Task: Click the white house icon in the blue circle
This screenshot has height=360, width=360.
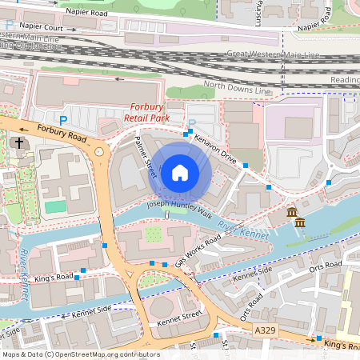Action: click(x=180, y=172)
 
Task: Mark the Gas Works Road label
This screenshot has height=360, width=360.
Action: click(x=198, y=251)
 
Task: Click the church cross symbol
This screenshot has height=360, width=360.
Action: click(x=18, y=143)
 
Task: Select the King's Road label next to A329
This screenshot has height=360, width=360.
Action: click(x=342, y=344)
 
